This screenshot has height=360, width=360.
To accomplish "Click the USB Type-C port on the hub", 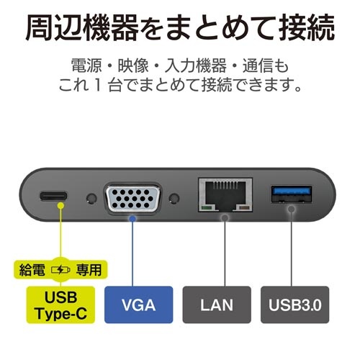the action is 54,196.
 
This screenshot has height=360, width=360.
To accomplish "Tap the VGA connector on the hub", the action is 132,198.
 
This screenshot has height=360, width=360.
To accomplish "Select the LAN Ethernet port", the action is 225,195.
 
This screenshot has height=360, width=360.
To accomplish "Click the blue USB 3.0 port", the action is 292,194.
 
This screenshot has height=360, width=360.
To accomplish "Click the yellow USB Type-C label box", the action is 60,305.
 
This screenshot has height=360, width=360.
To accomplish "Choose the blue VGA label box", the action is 139,305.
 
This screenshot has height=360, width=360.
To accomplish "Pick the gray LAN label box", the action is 217,305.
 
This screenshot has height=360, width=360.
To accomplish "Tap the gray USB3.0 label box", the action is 295,305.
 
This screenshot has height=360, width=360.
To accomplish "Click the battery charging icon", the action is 60,270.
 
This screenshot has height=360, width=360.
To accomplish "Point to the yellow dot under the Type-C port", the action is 61,206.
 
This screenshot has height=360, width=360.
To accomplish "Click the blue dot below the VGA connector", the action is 132,219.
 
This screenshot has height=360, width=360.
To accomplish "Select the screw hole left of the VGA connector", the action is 91,199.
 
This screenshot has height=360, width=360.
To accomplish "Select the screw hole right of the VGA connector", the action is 174,199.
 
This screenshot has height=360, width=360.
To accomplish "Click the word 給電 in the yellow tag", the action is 32,270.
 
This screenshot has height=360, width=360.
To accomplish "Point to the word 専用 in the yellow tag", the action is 89,270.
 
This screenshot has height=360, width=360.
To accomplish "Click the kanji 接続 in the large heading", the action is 307,27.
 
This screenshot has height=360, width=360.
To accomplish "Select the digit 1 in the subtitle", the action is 97,86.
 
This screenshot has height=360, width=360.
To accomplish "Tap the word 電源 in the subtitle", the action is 86,66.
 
